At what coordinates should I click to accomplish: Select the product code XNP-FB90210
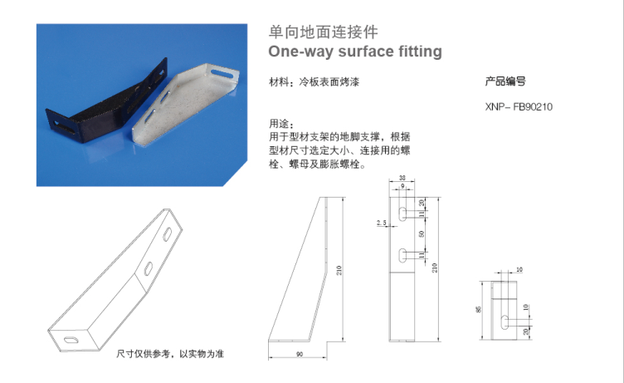[x=519, y=107]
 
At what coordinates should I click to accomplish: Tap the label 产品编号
[x=505, y=81]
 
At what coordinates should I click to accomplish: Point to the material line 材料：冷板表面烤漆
[x=314, y=82]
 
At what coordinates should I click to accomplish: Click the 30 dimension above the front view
[x=402, y=178]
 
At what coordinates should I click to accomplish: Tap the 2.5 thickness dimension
[x=381, y=223]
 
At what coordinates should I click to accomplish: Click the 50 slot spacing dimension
[x=422, y=235]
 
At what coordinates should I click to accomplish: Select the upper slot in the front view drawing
[x=402, y=214]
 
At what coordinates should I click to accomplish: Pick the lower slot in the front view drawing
[x=402, y=254]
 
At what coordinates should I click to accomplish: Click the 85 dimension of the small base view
[x=479, y=309]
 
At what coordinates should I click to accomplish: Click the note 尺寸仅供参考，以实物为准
[x=170, y=354]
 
